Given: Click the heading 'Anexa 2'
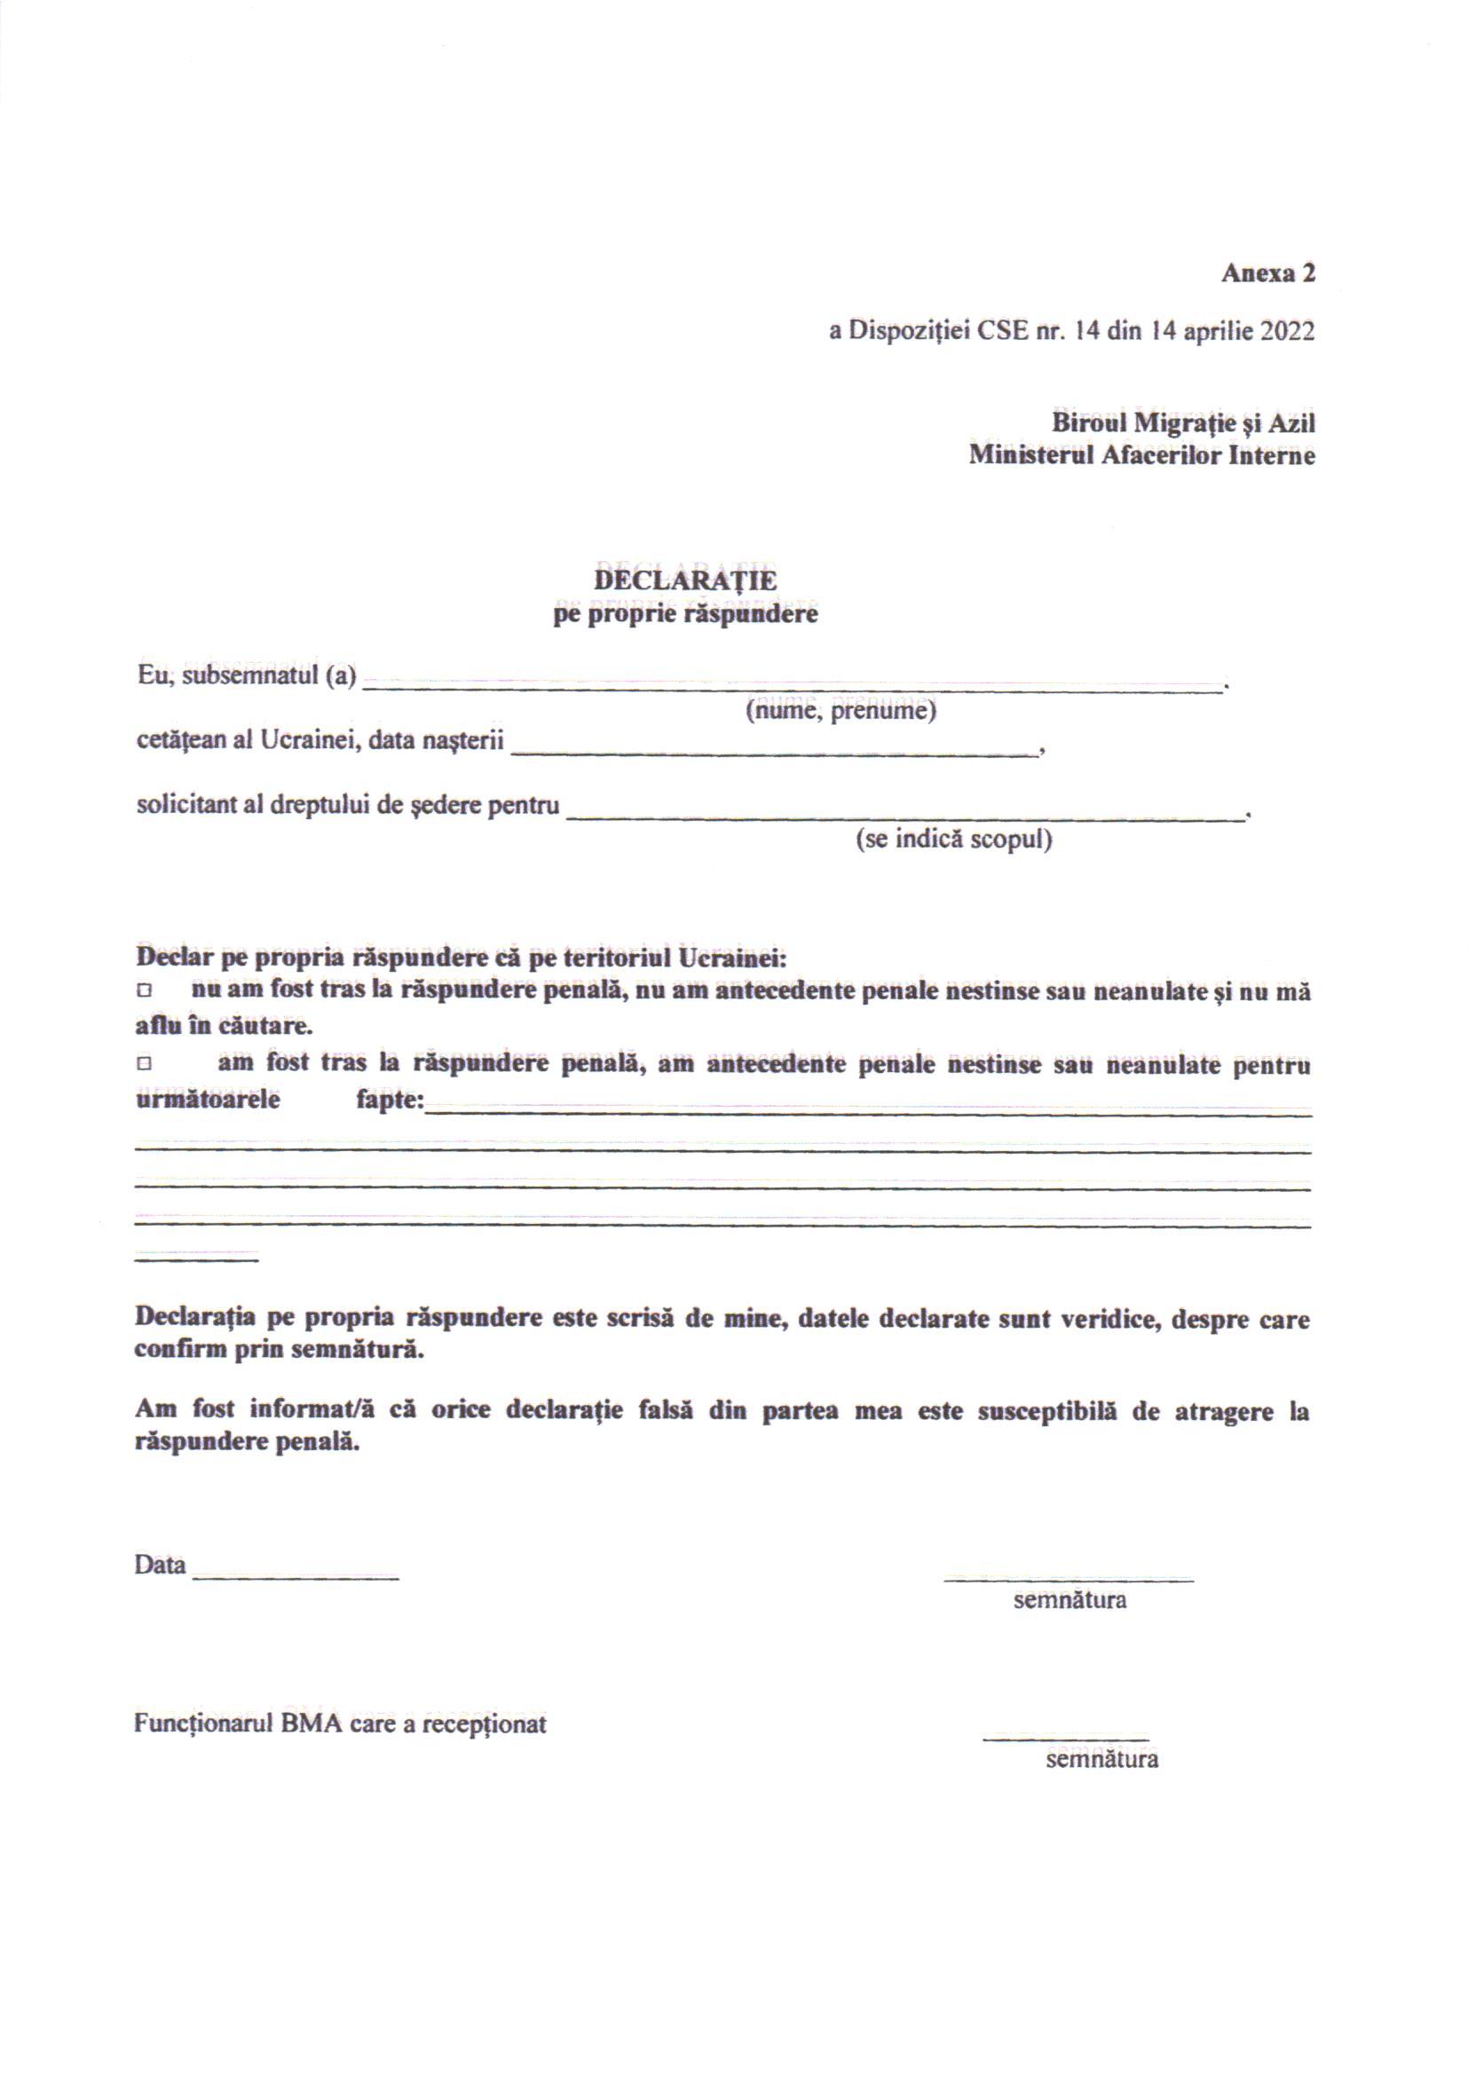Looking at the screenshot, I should tap(1267, 273).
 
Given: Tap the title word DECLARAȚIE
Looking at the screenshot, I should tap(685, 580).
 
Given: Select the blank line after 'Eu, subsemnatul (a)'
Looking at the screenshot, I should tap(793, 688).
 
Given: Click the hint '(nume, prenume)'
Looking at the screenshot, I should tap(841, 711).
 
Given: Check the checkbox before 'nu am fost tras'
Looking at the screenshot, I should tap(143, 990).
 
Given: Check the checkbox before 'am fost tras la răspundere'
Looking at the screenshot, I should tap(143, 1064).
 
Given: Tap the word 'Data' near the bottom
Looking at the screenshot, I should tap(161, 1566).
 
